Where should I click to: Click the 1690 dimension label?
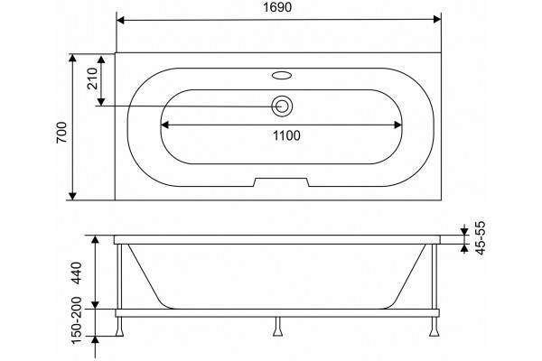pos(277,7)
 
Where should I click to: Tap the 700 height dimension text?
pos(61,133)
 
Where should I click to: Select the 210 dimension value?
pos(93,79)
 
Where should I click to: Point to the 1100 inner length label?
pos(286,135)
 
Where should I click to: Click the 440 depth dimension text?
pos(77,273)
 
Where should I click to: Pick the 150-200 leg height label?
pos(77,320)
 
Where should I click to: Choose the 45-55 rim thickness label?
pos(481,237)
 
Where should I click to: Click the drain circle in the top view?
pos(282,106)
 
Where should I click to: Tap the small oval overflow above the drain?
pos(282,75)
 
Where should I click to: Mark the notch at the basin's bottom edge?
pos(281,182)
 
